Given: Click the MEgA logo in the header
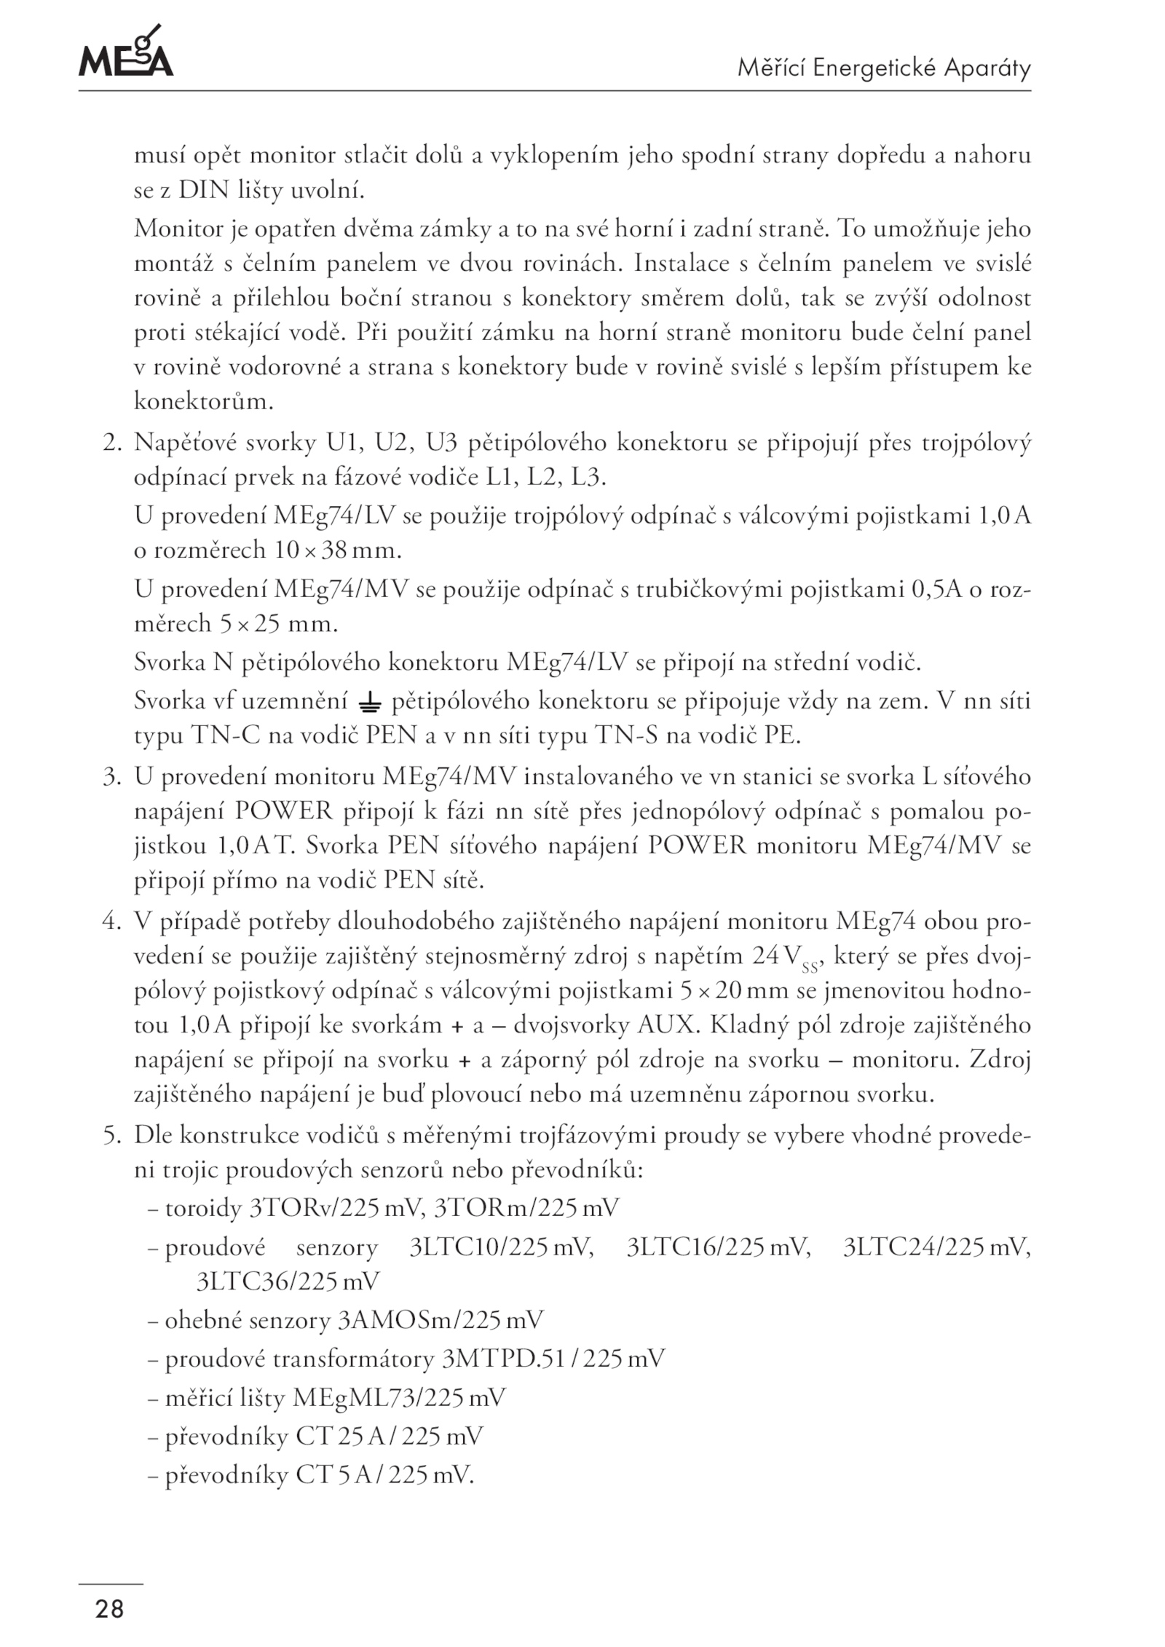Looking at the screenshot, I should pyautogui.click(x=125, y=52).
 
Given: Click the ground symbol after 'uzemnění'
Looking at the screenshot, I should pyautogui.click(x=370, y=703).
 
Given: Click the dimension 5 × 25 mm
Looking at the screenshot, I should pyautogui.click(x=278, y=624).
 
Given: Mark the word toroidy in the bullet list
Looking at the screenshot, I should pyautogui.click(x=203, y=1209).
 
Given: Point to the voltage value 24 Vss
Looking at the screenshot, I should pyautogui.click(x=786, y=958).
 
